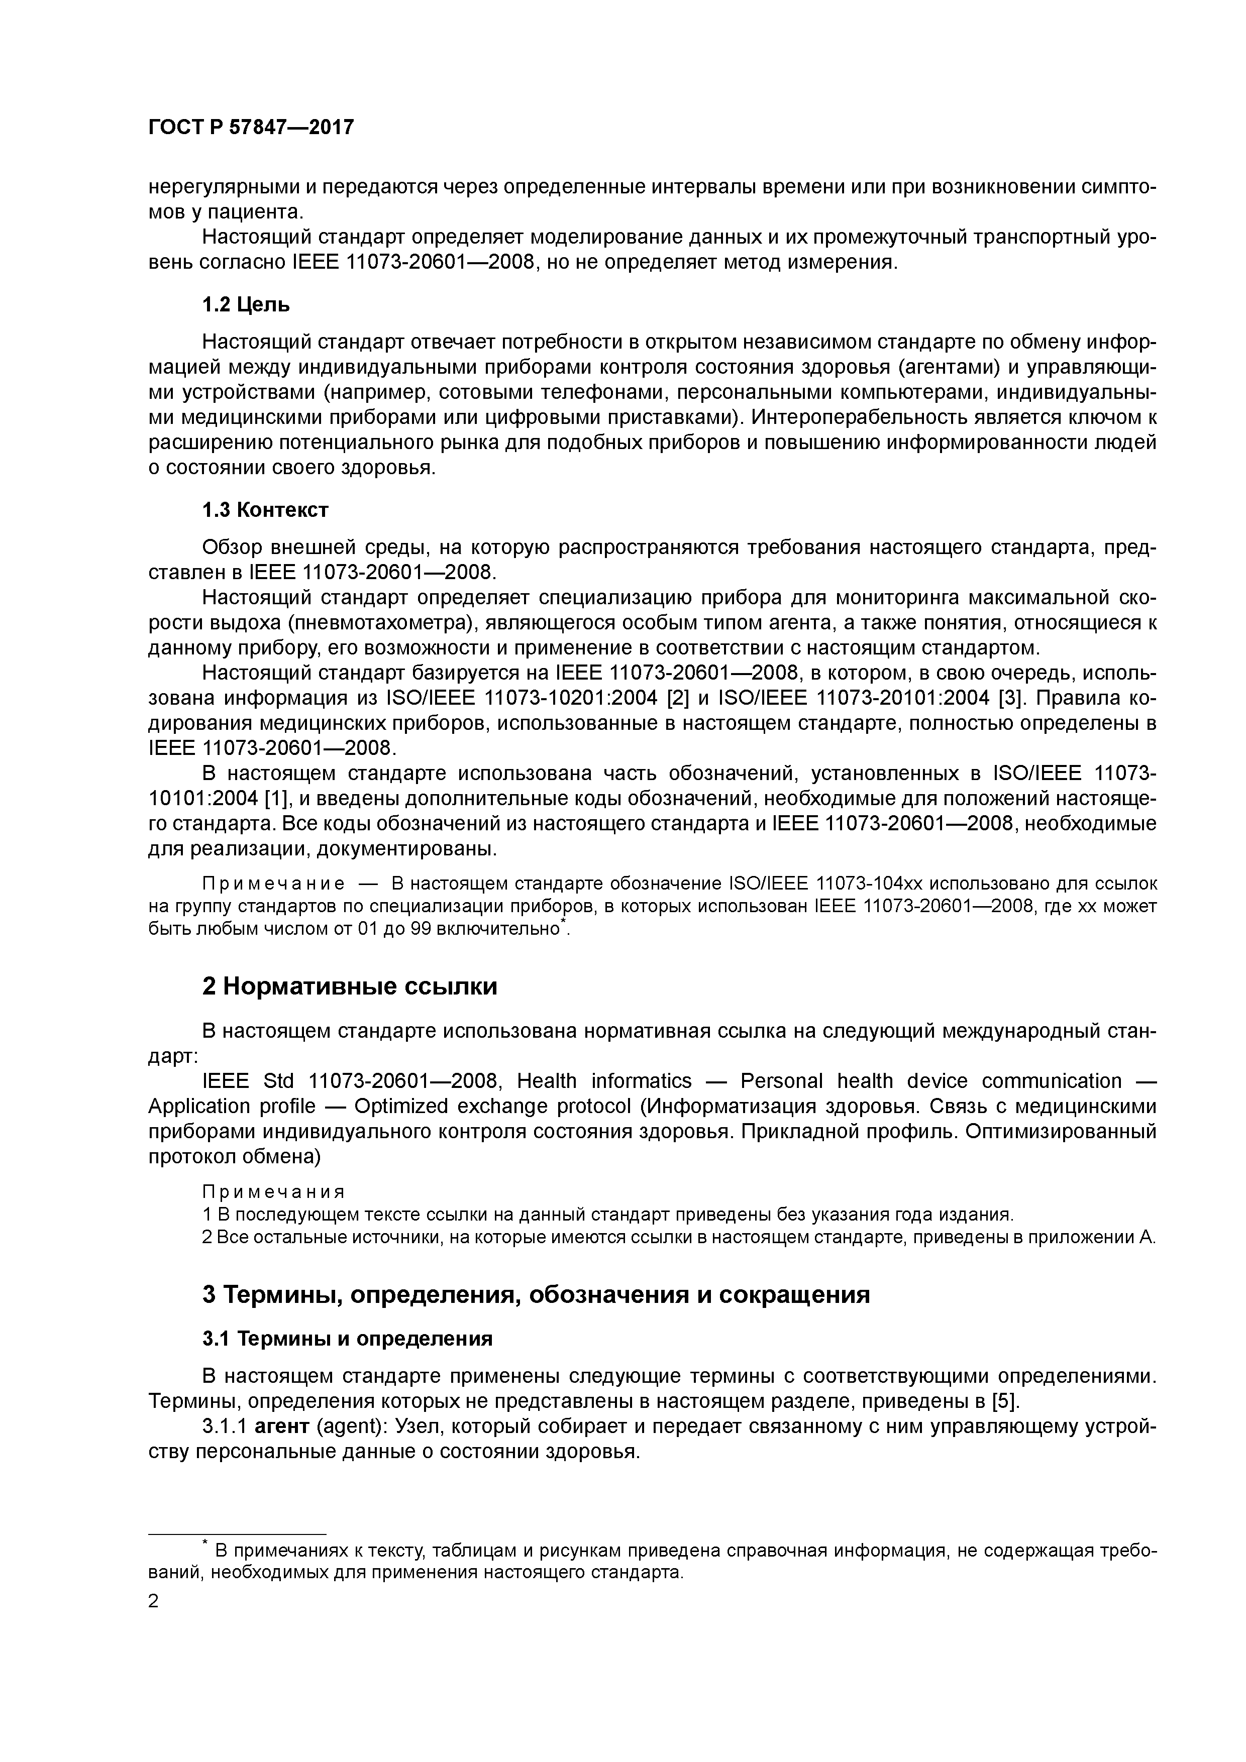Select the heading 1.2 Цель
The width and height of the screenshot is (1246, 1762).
pyautogui.click(x=246, y=305)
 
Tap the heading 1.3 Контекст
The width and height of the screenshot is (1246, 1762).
pyautogui.click(x=265, y=510)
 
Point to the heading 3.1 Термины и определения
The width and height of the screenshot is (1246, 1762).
pyautogui.click(x=347, y=1339)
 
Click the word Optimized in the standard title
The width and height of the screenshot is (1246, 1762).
pyautogui.click(x=395, y=1107)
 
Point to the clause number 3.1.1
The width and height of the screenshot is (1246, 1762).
pyautogui.click(x=224, y=1426)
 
